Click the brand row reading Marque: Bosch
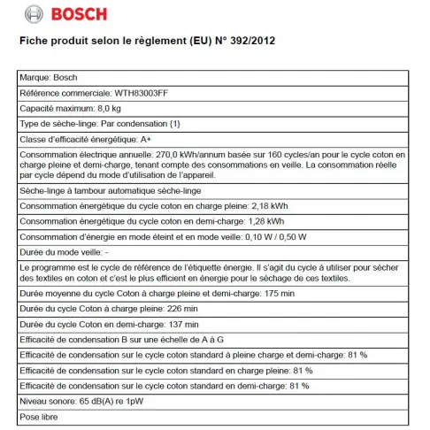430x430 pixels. tap(48, 77)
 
